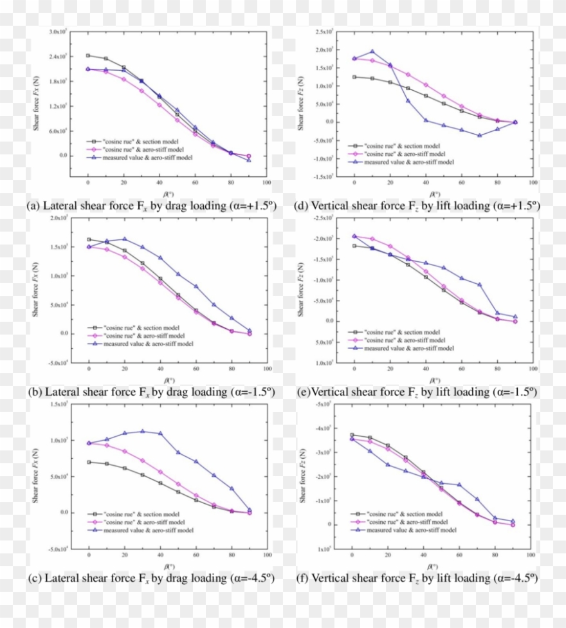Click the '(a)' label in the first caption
pyautogui.click(x=35, y=206)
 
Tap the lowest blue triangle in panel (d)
pyautogui.click(x=479, y=135)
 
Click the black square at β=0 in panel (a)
pyautogui.click(x=88, y=55)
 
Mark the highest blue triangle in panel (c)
pyautogui.click(x=142, y=431)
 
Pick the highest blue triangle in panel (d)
pyautogui.click(x=372, y=51)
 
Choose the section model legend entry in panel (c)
pyautogui.click(x=138, y=514)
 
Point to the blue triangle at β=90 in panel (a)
pyautogui.click(x=249, y=160)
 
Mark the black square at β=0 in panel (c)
pyautogui.click(x=89, y=462)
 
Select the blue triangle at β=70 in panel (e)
pyautogui.click(x=479, y=284)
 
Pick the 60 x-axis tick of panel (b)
pyautogui.click(x=195, y=371)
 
